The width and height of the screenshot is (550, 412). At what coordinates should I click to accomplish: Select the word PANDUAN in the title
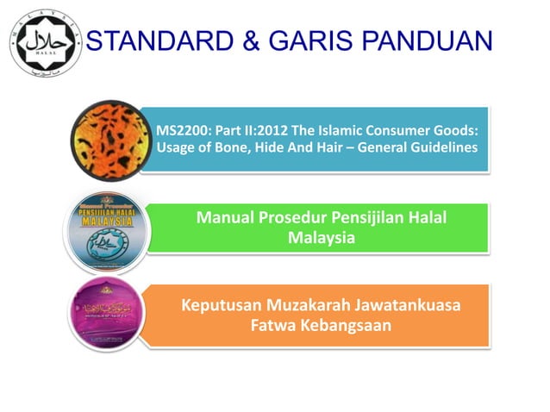coord(435,41)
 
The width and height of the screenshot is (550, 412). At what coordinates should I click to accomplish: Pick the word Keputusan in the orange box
coord(222,306)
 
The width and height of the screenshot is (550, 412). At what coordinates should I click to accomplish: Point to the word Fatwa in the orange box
coord(273,326)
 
